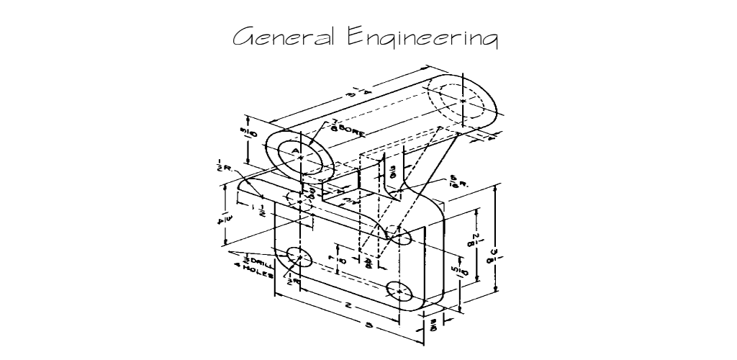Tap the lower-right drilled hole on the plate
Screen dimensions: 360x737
tap(399, 291)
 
